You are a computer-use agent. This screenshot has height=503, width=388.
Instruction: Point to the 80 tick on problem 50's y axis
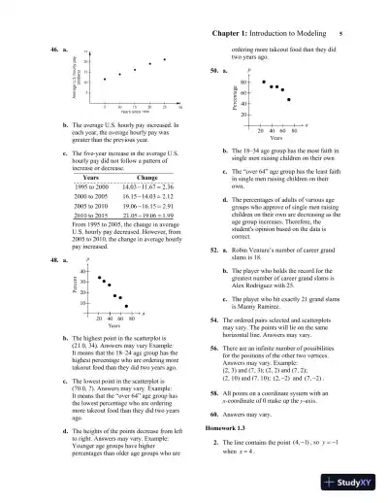point(247,82)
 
